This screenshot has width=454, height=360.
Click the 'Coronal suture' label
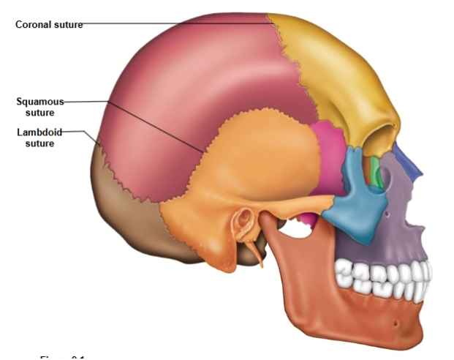tap(49, 24)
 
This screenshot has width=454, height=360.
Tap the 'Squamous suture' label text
tap(41, 107)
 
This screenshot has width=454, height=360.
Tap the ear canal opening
tap(243, 219)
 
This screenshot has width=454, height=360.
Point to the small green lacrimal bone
tap(376, 170)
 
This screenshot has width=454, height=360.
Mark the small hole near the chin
tap(395, 322)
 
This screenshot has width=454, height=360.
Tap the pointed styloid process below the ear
tap(257, 252)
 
